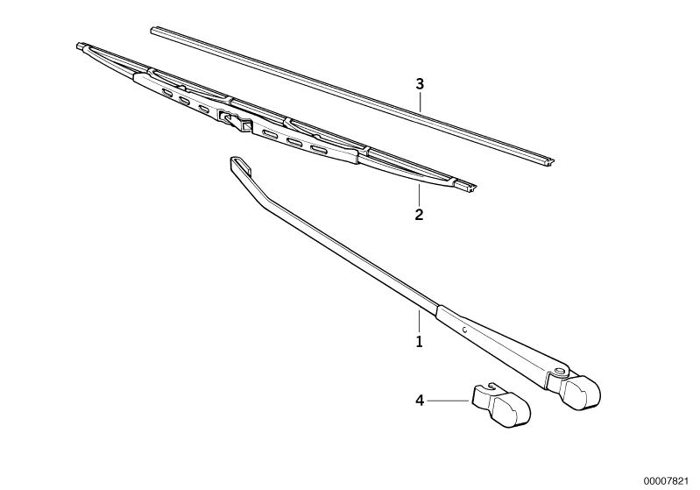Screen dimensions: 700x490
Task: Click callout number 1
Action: [419, 342]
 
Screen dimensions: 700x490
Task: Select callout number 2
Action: [419, 215]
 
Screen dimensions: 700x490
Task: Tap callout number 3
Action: [420, 84]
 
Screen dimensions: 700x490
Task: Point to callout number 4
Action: [419, 401]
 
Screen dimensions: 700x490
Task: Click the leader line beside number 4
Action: [449, 401]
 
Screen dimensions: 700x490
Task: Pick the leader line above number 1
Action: [419, 321]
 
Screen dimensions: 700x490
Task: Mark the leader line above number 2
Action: [419, 194]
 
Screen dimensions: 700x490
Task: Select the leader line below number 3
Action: [421, 103]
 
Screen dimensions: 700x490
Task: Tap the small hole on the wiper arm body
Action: [464, 330]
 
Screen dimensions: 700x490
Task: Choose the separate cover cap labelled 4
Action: [502, 404]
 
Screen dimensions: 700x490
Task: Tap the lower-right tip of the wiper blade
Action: [473, 188]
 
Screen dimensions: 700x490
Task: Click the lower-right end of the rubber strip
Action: [551, 160]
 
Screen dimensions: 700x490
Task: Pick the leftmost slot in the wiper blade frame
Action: [167, 93]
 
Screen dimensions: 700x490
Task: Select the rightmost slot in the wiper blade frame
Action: [319, 149]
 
